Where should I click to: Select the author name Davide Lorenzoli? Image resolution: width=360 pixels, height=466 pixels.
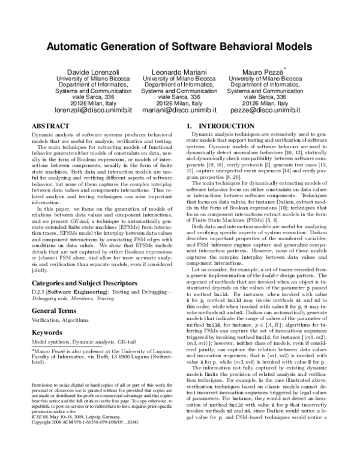point(86,72)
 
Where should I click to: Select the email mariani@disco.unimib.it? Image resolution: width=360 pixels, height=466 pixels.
point(179,110)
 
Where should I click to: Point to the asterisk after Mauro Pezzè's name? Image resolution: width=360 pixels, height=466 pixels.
point(284,68)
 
